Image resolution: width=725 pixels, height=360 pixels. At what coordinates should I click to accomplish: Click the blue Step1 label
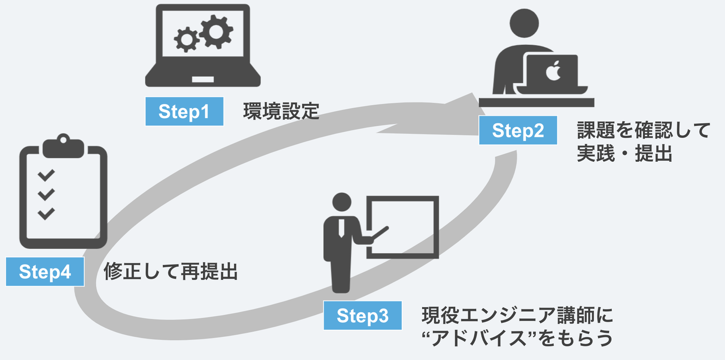[x=184, y=111]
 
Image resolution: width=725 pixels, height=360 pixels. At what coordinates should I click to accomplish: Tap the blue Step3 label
[x=362, y=316]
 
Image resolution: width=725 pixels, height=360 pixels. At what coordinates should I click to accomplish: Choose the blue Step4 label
[x=45, y=272]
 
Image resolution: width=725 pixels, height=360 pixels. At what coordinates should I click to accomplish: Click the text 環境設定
[x=281, y=111]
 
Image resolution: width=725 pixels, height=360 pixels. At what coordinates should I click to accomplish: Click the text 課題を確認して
[x=643, y=131]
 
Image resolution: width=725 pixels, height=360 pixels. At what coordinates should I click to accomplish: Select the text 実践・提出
[x=625, y=154]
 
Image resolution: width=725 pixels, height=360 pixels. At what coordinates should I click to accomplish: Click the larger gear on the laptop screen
[x=215, y=31]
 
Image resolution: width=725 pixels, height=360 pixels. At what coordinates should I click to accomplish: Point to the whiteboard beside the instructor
[x=402, y=226]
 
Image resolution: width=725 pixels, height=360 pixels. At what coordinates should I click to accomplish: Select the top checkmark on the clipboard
[x=46, y=175]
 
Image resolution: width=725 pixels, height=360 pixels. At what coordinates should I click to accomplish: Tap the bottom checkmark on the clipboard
[x=46, y=213]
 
